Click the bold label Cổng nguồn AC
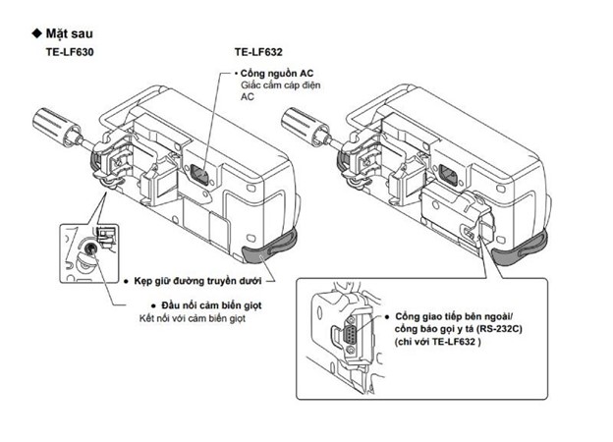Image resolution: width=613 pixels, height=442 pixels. tap(279, 73)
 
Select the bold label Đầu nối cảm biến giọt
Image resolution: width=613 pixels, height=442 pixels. tap(207, 305)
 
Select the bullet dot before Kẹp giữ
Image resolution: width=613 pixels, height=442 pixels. tap(129, 279)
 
